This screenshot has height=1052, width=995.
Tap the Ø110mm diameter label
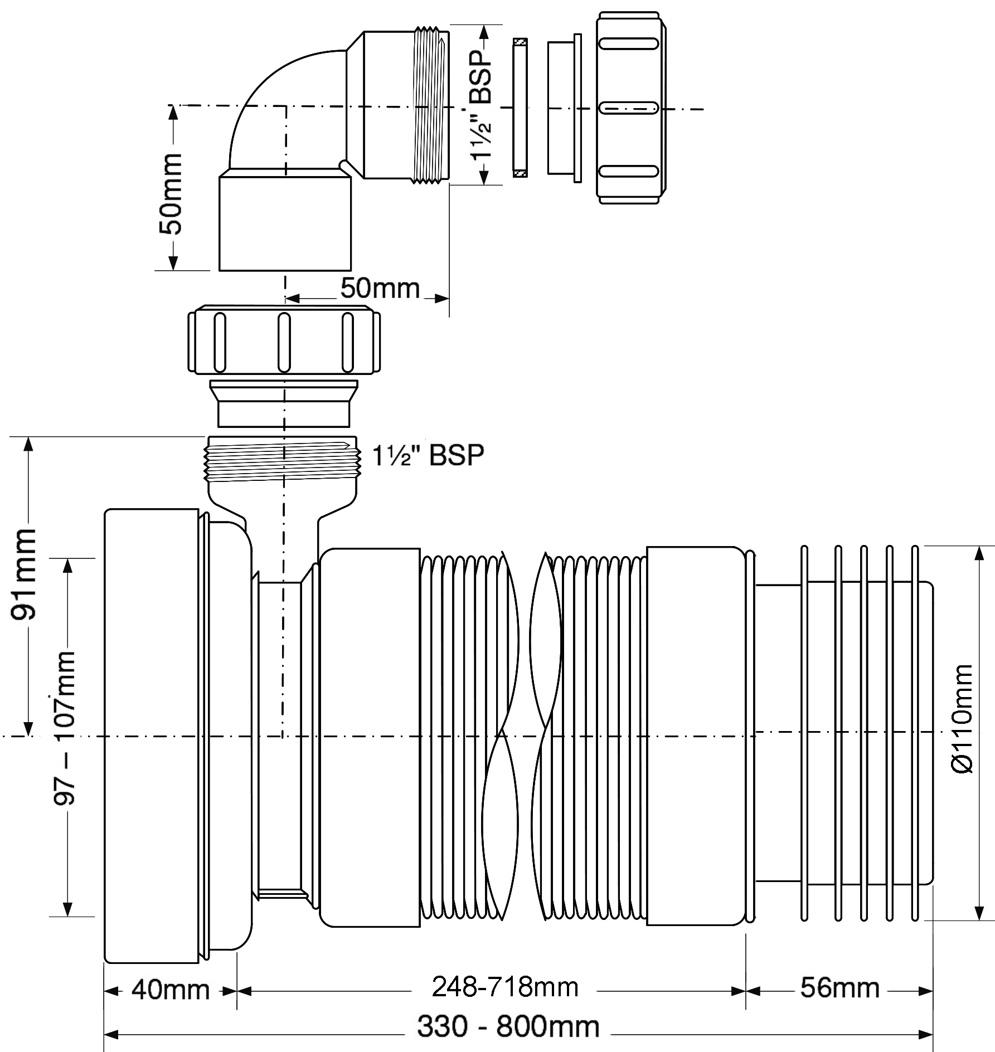pyautogui.click(x=962, y=719)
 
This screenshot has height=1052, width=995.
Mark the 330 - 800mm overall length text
pyautogui.click(x=508, y=1026)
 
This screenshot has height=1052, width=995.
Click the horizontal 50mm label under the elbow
pyautogui.click(x=380, y=288)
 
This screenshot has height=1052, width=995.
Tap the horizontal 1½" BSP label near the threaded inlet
pyautogui.click(x=428, y=455)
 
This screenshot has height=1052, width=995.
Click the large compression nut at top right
pyautogui.click(x=630, y=108)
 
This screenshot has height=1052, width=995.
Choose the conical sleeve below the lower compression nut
pyautogui.click(x=284, y=403)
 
